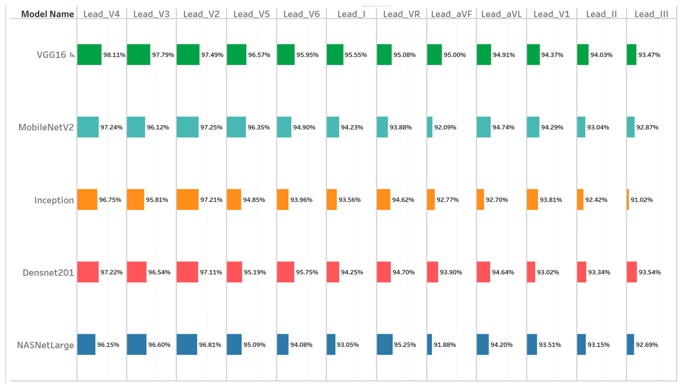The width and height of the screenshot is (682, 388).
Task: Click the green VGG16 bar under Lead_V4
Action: click(x=89, y=55)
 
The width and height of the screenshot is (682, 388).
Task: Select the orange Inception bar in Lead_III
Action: click(x=628, y=200)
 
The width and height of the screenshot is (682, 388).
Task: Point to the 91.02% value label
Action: click(x=641, y=200)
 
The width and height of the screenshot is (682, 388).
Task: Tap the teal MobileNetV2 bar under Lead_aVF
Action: click(x=430, y=127)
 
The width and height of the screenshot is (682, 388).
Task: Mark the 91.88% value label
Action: click(x=444, y=345)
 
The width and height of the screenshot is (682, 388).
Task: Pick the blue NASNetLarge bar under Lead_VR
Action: click(x=384, y=345)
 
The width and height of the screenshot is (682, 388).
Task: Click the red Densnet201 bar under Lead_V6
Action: click(x=285, y=272)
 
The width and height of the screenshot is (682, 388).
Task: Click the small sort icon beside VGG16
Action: click(x=72, y=55)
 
